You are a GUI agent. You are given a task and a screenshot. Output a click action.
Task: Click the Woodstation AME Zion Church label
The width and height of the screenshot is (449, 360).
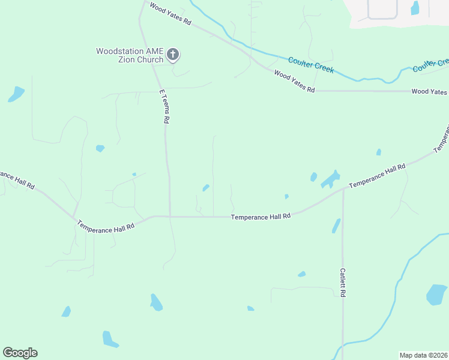[x=130, y=55]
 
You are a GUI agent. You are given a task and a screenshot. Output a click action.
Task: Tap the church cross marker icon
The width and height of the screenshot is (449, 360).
[x=173, y=55]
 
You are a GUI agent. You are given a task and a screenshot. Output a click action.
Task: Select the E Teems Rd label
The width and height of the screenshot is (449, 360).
[x=163, y=107]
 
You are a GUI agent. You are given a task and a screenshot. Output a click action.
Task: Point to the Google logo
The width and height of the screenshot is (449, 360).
[x=20, y=353]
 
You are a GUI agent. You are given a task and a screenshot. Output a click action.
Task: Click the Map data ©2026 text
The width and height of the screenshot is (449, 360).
[x=423, y=355]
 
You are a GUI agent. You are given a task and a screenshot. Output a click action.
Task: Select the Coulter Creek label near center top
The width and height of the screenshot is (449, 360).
[x=311, y=65]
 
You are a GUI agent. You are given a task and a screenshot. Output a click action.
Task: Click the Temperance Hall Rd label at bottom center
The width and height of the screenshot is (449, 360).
[x=261, y=216]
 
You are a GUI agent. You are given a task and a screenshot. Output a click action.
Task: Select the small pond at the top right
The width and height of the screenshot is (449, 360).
[x=414, y=8]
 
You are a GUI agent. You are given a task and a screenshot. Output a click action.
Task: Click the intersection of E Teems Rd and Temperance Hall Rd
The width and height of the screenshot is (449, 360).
[x=170, y=217]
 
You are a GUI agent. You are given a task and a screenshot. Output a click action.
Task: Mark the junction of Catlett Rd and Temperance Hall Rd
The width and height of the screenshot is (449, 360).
[x=343, y=190]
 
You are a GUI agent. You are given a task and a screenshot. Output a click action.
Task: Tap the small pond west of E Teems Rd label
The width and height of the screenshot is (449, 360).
[x=100, y=148]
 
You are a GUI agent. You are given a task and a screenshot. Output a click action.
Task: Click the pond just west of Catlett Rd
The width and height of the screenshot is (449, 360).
[x=336, y=226]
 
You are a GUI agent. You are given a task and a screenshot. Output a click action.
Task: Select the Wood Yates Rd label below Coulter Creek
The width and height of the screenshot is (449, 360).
[x=294, y=81]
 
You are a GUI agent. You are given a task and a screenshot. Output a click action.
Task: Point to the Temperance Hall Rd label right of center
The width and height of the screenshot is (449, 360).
[x=378, y=176]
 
